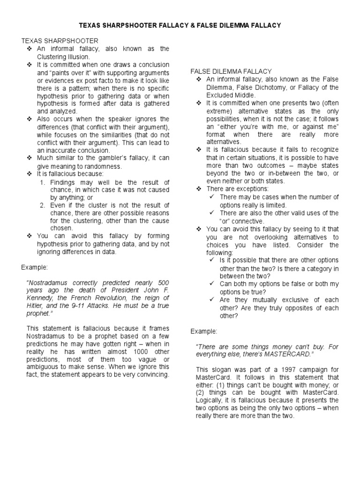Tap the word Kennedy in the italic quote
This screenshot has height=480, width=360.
click(x=42, y=298)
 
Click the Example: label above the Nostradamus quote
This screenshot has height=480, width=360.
click(x=34, y=267)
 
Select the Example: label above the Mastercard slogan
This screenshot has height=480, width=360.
click(x=204, y=331)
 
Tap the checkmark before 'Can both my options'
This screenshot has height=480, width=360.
click(x=212, y=284)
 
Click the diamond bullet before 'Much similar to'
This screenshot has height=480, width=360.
click(x=29, y=158)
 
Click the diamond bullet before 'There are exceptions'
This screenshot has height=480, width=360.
click(x=199, y=188)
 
